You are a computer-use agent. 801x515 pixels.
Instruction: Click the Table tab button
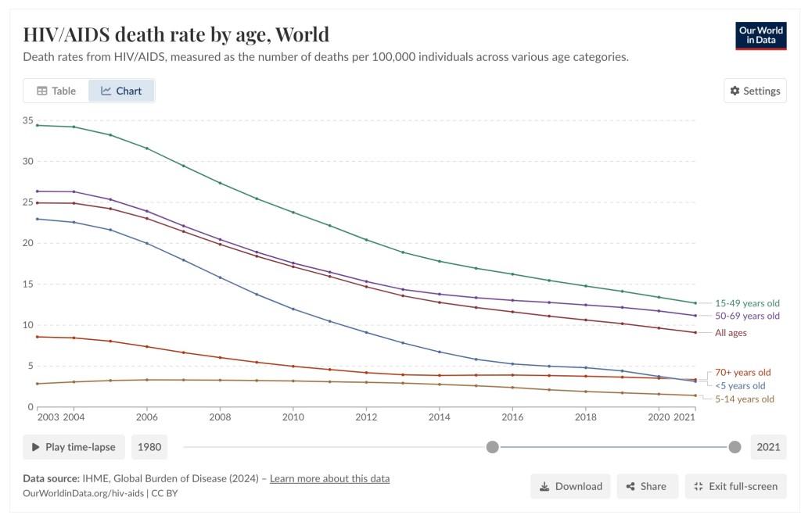(56, 91)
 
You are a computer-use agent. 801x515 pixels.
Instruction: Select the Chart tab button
(121, 91)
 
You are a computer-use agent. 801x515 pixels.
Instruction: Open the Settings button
(755, 91)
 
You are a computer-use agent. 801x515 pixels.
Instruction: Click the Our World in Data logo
(760, 36)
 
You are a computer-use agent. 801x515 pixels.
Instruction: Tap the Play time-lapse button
(74, 447)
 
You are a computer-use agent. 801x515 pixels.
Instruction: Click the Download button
(570, 486)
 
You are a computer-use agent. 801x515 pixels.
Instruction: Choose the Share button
(645, 486)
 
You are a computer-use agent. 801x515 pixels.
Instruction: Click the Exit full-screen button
(735, 486)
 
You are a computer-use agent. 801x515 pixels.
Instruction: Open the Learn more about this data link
(329, 478)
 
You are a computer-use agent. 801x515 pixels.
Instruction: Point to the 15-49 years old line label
(747, 303)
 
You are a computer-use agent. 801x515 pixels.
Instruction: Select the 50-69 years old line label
(747, 316)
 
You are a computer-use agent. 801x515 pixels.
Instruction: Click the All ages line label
(731, 333)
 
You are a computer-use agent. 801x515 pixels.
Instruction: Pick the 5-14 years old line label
(743, 399)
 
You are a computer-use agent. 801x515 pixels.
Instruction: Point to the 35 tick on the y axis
(27, 121)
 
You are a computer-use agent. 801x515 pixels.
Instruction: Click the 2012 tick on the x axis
(365, 417)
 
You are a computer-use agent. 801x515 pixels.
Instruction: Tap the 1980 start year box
(149, 447)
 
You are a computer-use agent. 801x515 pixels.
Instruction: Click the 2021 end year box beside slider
(767, 447)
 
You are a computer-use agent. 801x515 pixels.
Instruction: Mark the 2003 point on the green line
(37, 125)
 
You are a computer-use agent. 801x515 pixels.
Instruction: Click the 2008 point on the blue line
(220, 277)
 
